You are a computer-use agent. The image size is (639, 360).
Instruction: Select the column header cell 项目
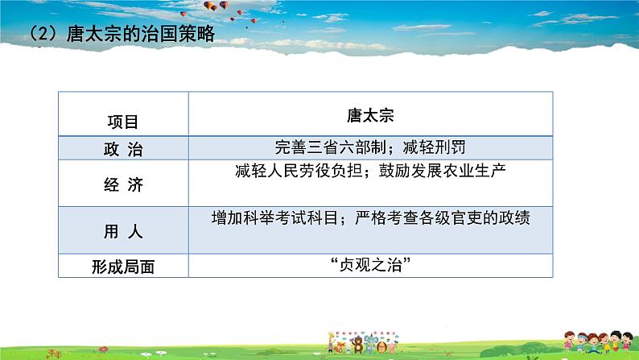point(122,122)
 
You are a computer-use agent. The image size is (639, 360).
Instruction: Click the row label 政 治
point(122,147)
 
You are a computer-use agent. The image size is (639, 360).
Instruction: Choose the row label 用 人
point(122,232)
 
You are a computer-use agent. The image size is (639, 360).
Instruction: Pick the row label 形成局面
point(122,267)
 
